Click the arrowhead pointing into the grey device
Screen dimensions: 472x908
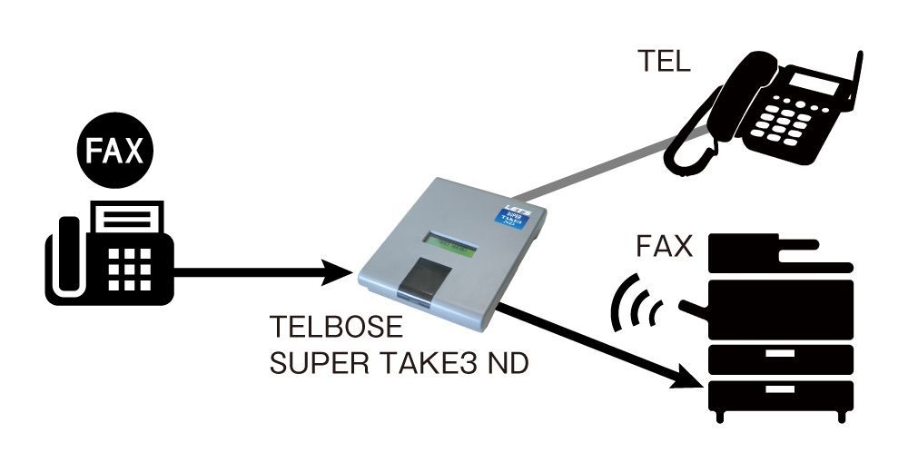(x=338, y=270)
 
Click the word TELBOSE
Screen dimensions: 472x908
(x=323, y=326)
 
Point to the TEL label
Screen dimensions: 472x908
(x=663, y=63)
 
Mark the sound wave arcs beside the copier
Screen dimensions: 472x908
(x=636, y=303)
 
